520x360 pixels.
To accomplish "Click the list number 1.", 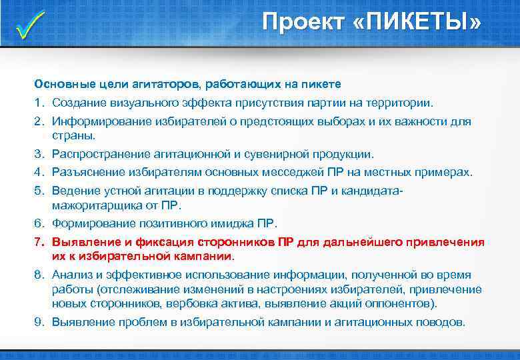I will click(39, 103).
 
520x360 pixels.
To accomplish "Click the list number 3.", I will click(39, 154).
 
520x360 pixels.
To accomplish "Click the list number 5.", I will click(39, 191).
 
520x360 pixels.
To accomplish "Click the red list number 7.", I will click(39, 241).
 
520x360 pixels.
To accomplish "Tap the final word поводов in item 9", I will click(441, 321).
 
